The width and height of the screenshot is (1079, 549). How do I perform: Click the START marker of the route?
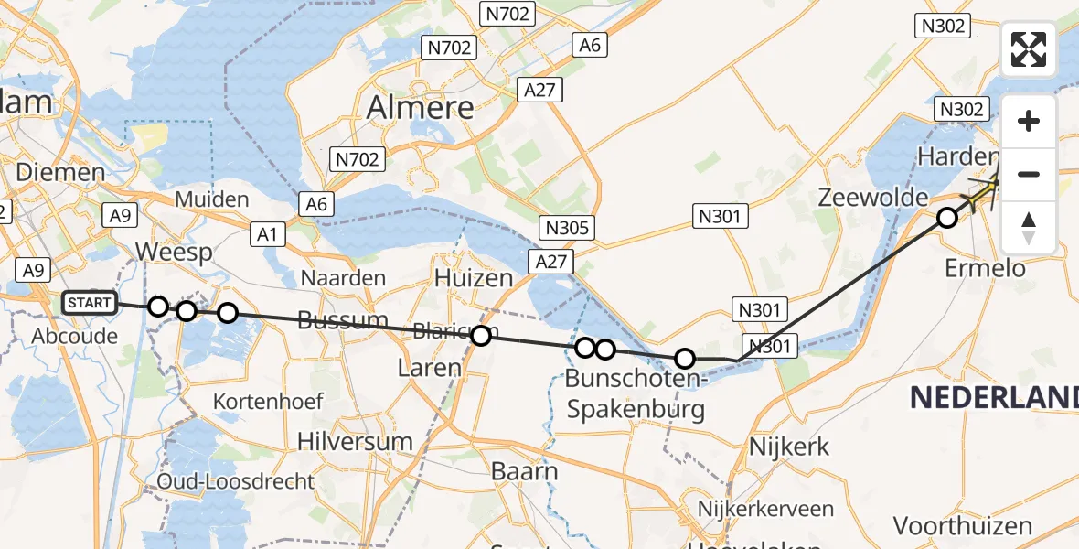pos(90,303)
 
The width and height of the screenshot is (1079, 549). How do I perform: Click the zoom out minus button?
pos(1029,174)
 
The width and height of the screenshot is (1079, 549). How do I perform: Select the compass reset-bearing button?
pos(1029,226)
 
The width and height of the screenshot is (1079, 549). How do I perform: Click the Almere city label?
pos(421,107)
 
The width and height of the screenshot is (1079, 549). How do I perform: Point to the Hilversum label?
pos(356,440)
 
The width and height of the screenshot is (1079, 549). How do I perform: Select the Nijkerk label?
pos(789,447)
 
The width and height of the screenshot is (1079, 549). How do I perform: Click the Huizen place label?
pos(474,276)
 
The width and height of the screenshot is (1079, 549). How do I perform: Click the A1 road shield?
pos(267,234)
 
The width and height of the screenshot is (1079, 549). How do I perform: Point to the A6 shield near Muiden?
pos(316,204)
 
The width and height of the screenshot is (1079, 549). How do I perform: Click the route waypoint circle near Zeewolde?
pos(947,218)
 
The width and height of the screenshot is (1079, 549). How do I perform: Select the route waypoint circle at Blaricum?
pos(481,336)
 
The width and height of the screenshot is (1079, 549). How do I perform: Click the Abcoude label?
pos(75,336)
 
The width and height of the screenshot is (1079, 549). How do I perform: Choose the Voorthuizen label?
pos(963,526)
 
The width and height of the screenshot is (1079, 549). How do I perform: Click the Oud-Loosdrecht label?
pos(236,481)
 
